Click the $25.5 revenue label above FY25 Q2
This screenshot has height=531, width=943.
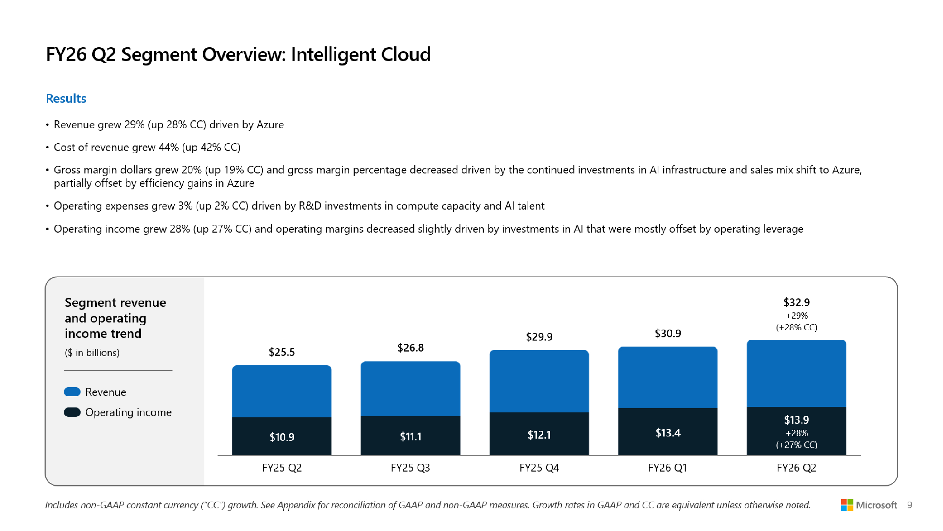click(x=281, y=352)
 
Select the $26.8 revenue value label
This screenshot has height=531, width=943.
click(x=411, y=348)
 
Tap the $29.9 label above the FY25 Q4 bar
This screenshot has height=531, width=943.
click(x=539, y=337)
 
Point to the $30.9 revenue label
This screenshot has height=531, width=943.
click(x=668, y=333)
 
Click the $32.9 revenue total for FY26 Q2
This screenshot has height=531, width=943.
click(x=796, y=302)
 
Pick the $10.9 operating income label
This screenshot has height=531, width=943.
click(x=281, y=437)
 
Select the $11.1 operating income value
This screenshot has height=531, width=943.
click(x=411, y=436)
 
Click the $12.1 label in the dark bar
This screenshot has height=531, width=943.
click(x=539, y=435)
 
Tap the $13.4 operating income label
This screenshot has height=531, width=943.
click(x=668, y=433)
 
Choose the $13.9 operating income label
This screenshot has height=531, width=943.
click(x=796, y=419)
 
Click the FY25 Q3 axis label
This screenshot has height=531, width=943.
click(x=411, y=468)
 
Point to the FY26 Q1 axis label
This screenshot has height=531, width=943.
click(x=668, y=468)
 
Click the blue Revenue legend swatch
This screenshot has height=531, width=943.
click(x=72, y=392)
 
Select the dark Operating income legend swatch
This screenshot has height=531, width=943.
click(x=72, y=412)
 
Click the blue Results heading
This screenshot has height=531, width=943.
click(x=66, y=98)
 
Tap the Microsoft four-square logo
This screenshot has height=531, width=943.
click(x=846, y=505)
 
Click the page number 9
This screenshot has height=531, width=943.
click(x=909, y=505)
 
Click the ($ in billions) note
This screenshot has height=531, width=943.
click(x=92, y=353)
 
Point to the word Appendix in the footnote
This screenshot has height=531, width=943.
click(x=296, y=505)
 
